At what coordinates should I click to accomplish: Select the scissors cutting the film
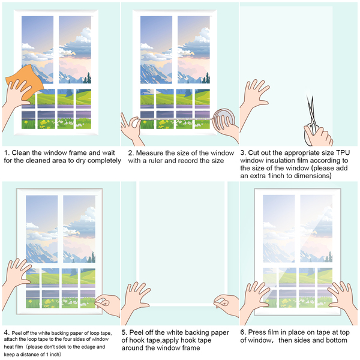coord(311,117)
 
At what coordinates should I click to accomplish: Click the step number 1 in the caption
coord(5,153)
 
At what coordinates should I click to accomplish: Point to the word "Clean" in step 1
coord(22,153)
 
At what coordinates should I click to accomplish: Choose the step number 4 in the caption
coord(5,332)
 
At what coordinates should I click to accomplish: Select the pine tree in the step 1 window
coord(88,77)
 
